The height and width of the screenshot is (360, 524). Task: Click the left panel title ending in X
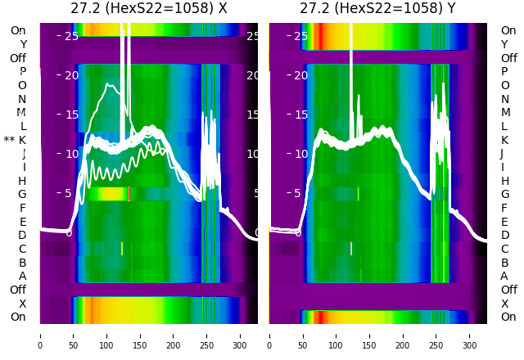coord(148,9)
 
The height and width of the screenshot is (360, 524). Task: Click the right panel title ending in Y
coord(377,9)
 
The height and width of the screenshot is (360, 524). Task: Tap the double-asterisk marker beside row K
coord(9,141)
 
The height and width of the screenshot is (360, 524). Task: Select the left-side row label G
coord(22,195)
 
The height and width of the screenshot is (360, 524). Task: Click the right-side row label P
coord(504,72)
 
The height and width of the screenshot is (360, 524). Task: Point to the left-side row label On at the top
coord(18,31)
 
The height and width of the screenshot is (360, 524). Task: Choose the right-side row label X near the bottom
coord(504,304)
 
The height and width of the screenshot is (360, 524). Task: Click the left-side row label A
coord(22,277)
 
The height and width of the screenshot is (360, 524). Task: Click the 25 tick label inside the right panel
coord(300,36)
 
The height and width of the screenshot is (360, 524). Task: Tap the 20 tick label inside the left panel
coord(71,75)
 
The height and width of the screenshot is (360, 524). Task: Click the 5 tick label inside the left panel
coord(70,194)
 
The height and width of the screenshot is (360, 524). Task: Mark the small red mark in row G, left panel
coord(129,194)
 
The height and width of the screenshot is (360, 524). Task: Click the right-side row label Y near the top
coord(504,45)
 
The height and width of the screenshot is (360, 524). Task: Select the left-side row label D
coord(22,236)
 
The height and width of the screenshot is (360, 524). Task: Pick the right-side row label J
coord(502,154)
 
